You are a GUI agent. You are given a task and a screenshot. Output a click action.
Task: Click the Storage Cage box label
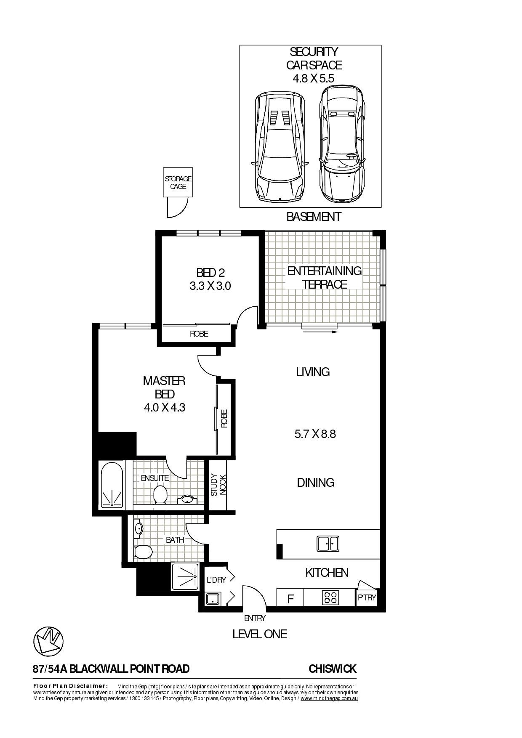click(178, 183)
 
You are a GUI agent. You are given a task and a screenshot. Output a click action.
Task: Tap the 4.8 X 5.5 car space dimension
click(313, 78)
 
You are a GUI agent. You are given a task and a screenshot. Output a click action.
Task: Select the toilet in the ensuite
click(160, 494)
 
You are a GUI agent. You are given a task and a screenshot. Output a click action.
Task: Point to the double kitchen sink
click(328, 544)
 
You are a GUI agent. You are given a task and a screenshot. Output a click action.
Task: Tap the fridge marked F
click(290, 599)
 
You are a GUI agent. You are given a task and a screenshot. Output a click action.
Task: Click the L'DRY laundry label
click(216, 580)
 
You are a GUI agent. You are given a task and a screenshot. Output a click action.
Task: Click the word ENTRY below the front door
click(255, 618)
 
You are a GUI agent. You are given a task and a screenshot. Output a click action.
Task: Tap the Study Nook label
click(218, 485)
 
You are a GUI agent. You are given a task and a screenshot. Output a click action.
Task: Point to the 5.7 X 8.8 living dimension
click(315, 434)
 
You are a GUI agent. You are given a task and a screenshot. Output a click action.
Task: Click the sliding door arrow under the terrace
click(320, 332)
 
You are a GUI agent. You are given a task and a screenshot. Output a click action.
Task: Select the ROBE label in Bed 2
click(199, 334)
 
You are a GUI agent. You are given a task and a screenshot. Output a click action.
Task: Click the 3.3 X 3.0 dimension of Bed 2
click(210, 286)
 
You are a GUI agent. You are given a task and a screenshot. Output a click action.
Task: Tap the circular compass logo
click(48, 641)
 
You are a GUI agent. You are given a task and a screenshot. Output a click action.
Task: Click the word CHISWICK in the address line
click(332, 669)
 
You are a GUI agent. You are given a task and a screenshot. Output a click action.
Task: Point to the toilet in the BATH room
click(143, 552)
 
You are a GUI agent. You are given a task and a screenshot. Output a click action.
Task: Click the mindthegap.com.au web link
click(329, 698)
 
